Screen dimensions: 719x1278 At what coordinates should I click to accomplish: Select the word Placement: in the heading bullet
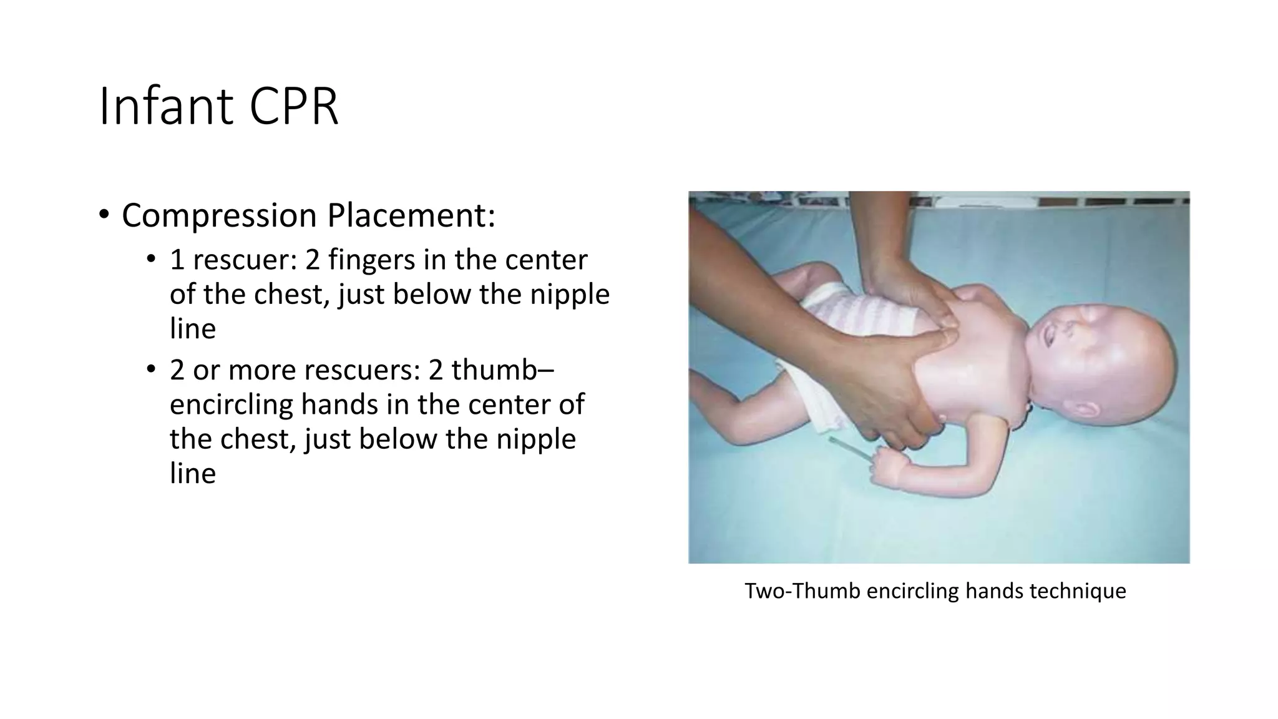411,215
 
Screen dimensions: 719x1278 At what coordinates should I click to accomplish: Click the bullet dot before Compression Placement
104,215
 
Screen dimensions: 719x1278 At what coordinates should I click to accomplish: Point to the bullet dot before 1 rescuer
151,260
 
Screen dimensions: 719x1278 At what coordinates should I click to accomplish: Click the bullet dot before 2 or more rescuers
151,370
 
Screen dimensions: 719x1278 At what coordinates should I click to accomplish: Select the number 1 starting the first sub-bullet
177,260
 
